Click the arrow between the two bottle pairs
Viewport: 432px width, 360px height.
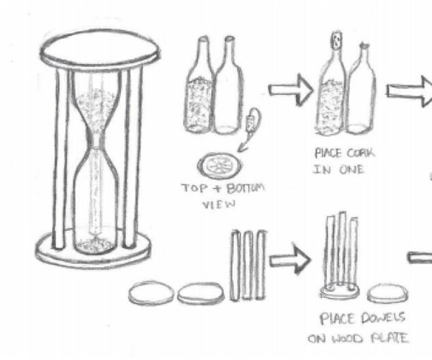[x=289, y=91]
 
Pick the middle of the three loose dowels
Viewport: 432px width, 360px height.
[x=248, y=265]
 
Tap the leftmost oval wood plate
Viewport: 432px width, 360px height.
[x=151, y=293]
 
